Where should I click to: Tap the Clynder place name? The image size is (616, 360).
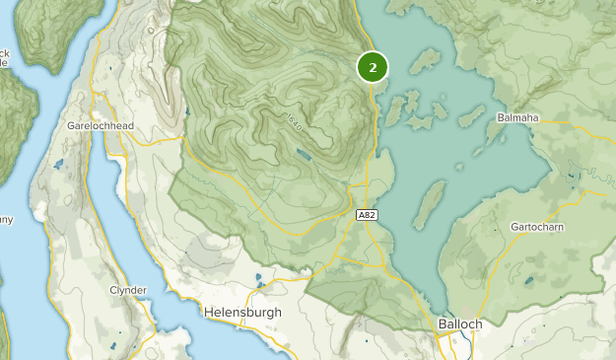pos(129,290)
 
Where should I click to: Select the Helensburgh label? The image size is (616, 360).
pos(241,312)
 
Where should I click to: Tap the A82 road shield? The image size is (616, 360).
pos(366,214)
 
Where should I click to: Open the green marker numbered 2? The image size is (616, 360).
pos(373,67)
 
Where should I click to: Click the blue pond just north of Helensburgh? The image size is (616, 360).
pos(258,279)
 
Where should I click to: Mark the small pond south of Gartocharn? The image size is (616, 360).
pos(529,281)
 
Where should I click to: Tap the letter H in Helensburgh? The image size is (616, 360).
pos(208,312)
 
